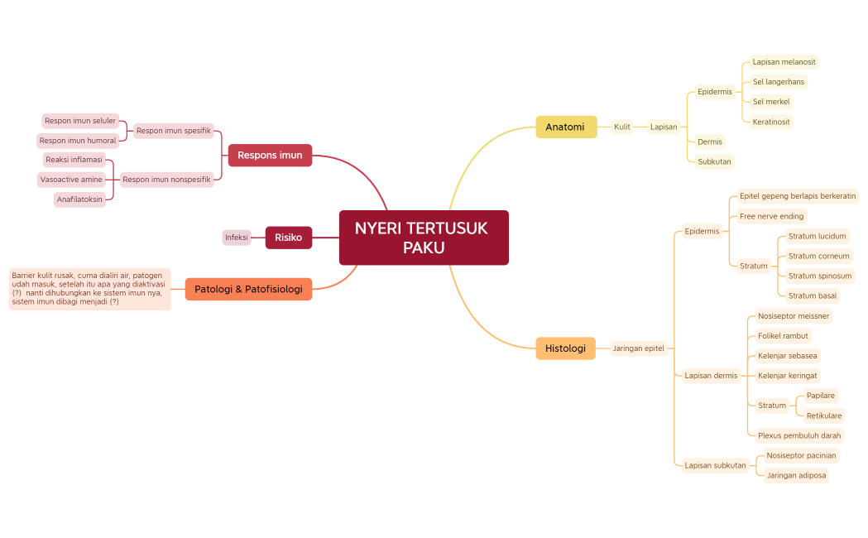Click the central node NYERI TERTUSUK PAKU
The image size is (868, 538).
424,238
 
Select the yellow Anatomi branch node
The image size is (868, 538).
566,127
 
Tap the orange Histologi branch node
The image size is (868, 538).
565,348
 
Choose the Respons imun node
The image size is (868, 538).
270,155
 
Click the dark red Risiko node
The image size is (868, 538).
288,238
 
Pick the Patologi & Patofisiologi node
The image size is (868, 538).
248,289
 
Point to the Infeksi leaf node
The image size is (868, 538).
237,238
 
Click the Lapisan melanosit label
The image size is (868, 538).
784,62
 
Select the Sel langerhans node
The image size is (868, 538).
778,82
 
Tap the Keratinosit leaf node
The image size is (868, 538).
771,122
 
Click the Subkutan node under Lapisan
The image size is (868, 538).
714,161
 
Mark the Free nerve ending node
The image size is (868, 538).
771,216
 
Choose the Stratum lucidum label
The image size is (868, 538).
817,236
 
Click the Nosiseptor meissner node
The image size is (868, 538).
794,316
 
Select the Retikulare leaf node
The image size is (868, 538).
823,416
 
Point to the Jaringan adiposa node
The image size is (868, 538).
796,475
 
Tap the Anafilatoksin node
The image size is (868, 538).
79,199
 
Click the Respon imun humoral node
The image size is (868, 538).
78,141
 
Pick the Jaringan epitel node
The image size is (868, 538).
638,348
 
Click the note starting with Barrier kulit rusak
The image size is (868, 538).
89,289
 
